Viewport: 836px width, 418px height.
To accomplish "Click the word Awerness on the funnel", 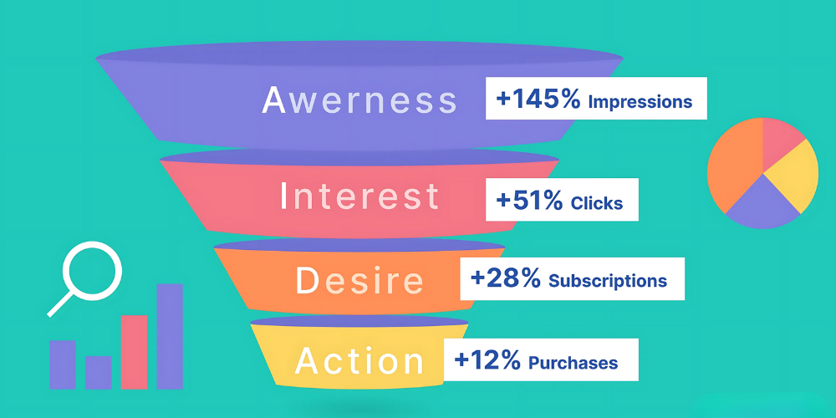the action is click(359, 99).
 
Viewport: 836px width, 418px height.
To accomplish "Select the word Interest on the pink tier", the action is click(359, 196).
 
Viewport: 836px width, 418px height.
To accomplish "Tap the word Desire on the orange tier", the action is click(359, 280).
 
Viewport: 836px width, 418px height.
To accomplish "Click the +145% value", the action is click(538, 99).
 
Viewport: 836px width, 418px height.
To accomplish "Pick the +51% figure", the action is click(529, 200).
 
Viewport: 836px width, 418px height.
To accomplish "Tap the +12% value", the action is click(487, 360).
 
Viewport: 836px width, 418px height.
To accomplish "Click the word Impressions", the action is click(640, 102).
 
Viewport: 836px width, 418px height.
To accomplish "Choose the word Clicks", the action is click(597, 202).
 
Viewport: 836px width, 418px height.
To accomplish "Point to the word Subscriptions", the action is click(608, 280).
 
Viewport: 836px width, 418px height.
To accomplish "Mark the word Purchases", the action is click(573, 363).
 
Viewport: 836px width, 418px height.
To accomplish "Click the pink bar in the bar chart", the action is click(134, 352).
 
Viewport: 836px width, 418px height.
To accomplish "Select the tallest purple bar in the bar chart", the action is click(170, 336).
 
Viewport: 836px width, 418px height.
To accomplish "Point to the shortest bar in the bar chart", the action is click(98, 372).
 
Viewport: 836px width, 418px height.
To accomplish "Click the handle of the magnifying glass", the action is click(61, 303).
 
